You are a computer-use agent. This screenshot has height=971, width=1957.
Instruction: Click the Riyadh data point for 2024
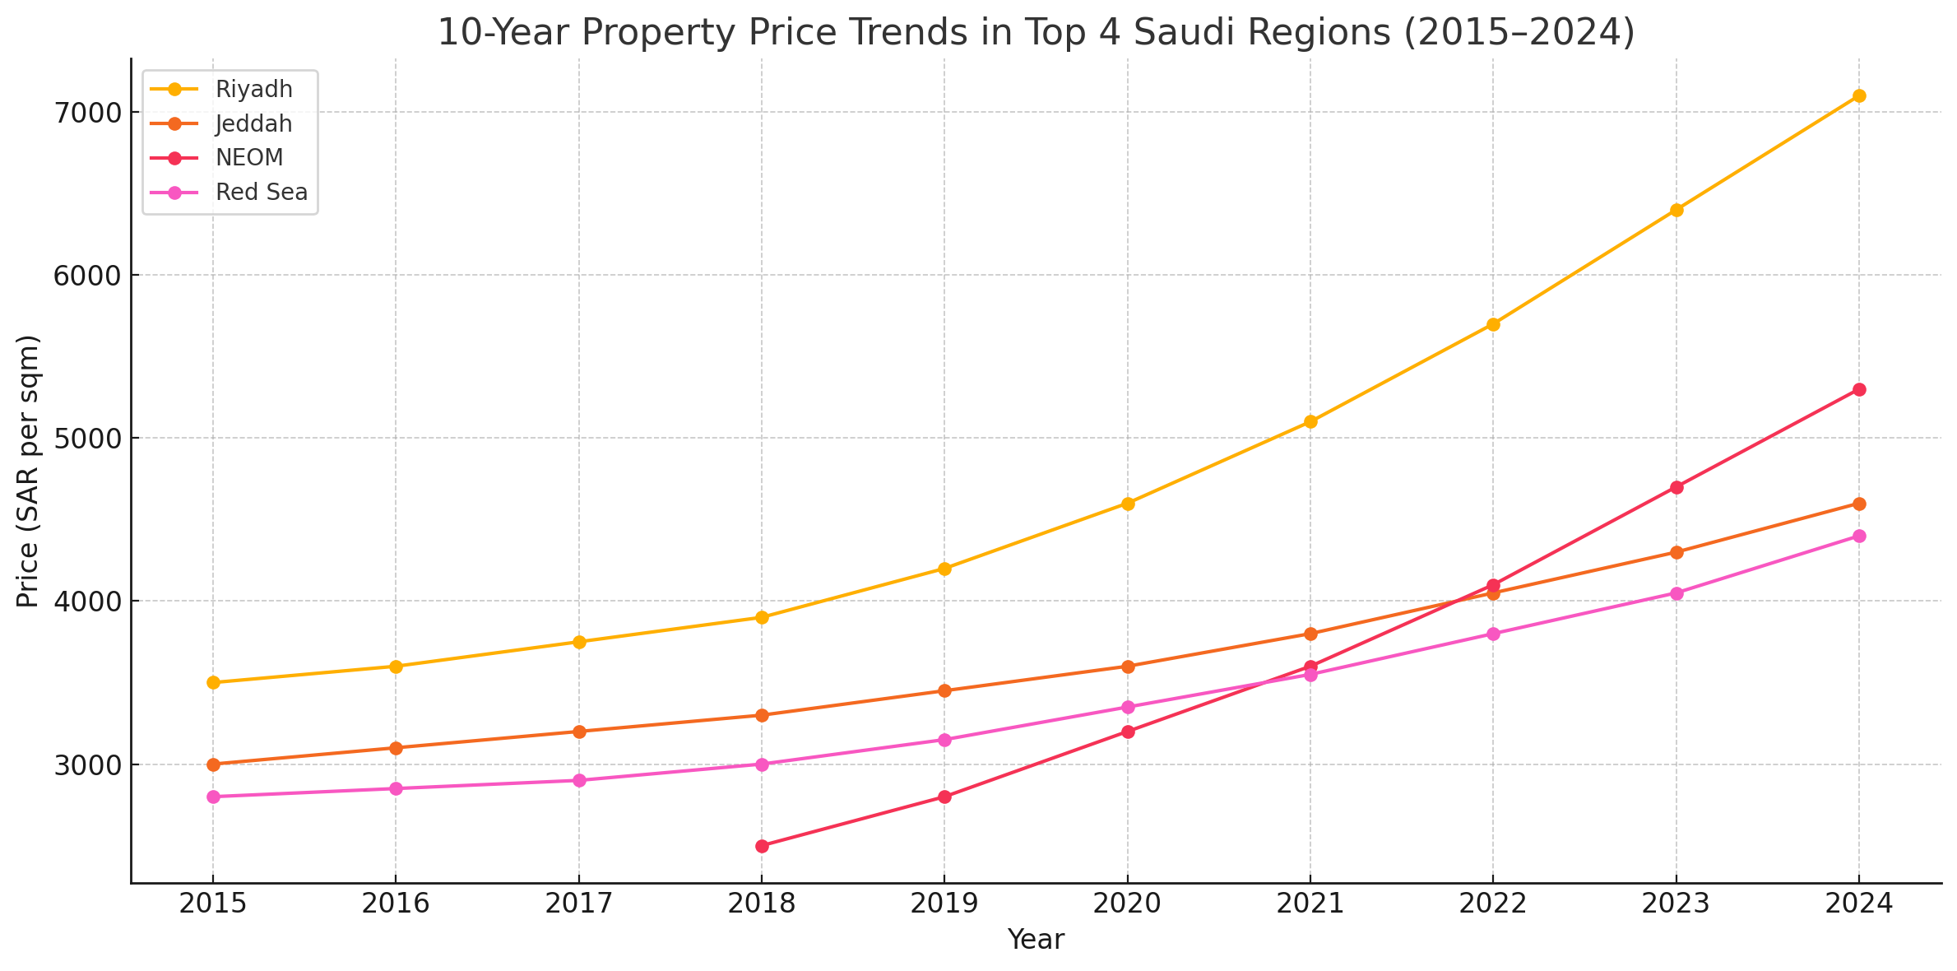[1858, 95]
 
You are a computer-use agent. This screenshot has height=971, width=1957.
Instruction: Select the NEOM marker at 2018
[762, 846]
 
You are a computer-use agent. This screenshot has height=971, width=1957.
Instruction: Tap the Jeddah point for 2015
[213, 764]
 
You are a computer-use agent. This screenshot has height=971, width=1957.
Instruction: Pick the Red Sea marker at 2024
[1858, 536]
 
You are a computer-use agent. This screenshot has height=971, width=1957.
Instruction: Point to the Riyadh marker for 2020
[1128, 504]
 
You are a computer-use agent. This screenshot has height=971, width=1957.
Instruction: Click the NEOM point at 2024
[1858, 389]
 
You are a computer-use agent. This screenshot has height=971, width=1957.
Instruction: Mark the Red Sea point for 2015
[213, 797]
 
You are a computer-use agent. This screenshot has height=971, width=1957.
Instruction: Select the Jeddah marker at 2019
[944, 690]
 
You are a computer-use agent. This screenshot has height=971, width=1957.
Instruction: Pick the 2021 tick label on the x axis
[1310, 904]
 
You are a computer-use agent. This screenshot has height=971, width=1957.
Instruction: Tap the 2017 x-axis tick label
[579, 904]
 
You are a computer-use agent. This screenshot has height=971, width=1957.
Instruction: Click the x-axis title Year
[1036, 939]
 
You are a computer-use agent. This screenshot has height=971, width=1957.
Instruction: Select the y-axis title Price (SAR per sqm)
[28, 471]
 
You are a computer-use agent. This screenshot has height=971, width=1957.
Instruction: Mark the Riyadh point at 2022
[1493, 324]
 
